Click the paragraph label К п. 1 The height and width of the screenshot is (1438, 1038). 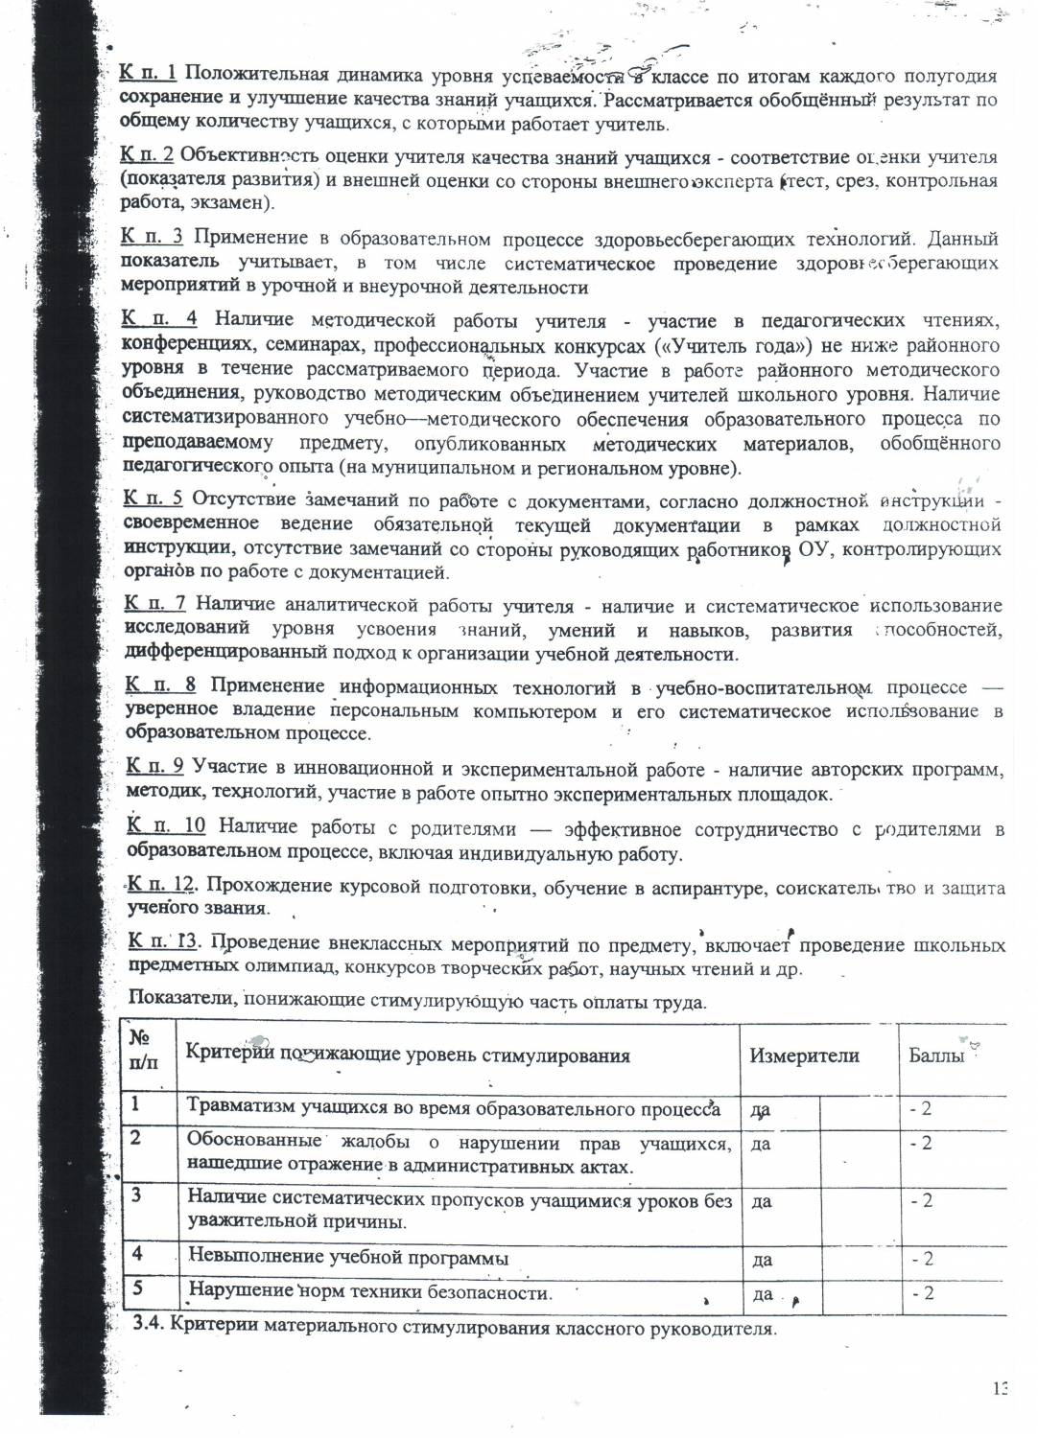(149, 74)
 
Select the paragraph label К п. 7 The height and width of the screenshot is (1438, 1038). (155, 604)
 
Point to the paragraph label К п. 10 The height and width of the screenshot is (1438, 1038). (166, 826)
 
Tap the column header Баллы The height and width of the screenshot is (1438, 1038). (936, 1056)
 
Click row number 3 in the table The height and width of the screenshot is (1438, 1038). (137, 1195)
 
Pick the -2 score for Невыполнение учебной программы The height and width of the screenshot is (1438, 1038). (921, 1259)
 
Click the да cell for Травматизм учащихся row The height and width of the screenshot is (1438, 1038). (761, 1110)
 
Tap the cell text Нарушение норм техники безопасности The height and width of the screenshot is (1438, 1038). (370, 1291)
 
